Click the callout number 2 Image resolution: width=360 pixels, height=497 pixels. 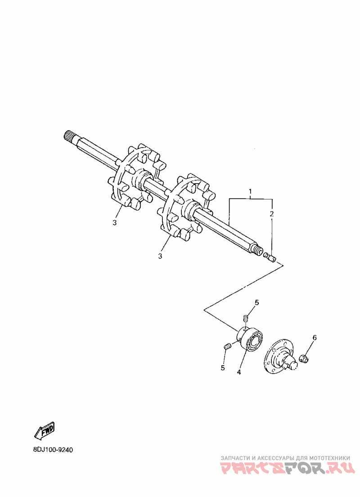[272, 213]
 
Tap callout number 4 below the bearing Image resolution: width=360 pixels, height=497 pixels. [239, 372]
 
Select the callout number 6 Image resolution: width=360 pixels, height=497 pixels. [315, 337]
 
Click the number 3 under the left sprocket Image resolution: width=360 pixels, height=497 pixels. [114, 223]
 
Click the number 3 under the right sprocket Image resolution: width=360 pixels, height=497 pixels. [160, 256]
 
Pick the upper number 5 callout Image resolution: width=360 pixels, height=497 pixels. [257, 303]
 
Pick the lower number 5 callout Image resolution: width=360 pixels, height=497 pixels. [222, 368]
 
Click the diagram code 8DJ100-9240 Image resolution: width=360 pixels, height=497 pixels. [53, 450]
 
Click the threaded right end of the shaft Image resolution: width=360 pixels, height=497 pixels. [259, 250]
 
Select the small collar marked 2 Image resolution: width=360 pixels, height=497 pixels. [271, 257]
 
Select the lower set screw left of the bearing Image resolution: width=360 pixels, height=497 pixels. [227, 346]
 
